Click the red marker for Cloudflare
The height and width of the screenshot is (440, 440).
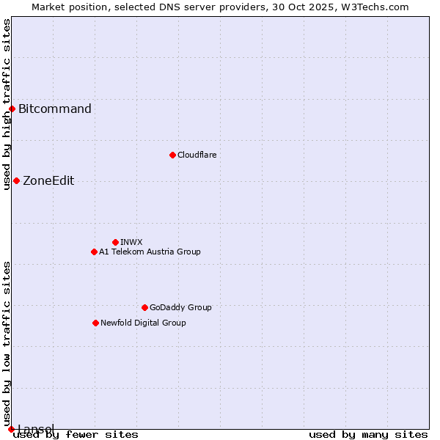tap(172, 155)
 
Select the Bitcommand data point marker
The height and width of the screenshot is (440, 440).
tap(12, 109)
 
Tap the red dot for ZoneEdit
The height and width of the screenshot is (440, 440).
tap(16, 180)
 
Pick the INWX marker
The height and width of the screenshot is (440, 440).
tap(115, 242)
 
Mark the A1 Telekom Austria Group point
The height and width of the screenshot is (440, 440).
tap(94, 252)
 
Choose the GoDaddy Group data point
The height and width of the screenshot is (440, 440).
tap(144, 307)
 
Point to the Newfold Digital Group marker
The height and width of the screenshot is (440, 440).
tap(95, 323)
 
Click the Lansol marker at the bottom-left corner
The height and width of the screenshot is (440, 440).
tap(11, 429)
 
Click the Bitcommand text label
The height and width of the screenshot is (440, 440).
tap(55, 109)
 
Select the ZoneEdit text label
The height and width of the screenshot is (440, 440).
tap(48, 181)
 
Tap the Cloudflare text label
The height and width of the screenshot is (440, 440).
tap(197, 155)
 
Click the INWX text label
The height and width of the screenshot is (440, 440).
tap(131, 242)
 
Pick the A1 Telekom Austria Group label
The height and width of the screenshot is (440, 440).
tap(150, 252)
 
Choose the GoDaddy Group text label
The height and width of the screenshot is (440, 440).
tap(180, 307)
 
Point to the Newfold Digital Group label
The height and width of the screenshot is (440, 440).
tap(143, 323)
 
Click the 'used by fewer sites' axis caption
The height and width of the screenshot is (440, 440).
tap(76, 435)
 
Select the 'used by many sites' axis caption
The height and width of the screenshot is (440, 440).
tap(368, 435)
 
